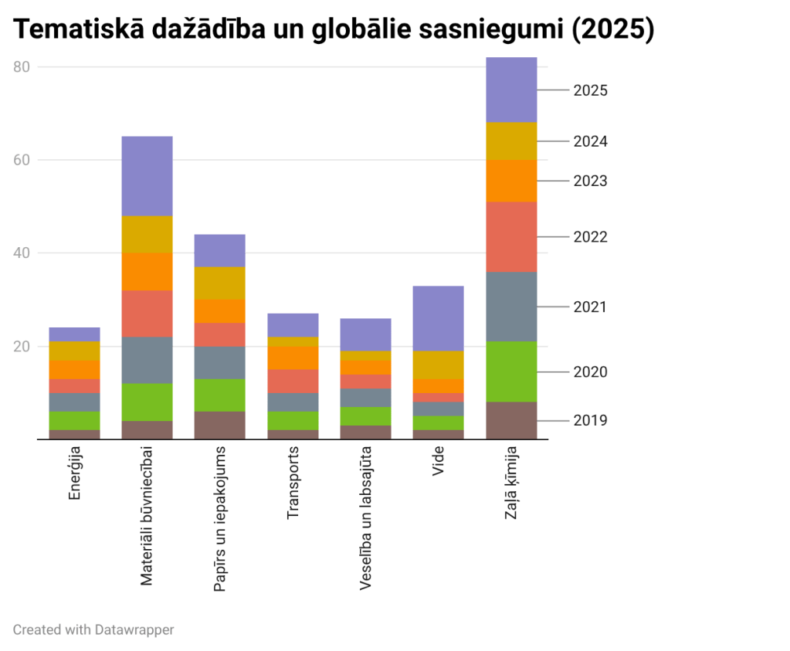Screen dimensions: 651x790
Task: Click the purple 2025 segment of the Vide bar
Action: pyautogui.click(x=438, y=318)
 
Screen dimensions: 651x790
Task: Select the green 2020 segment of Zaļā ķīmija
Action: pyautogui.click(x=510, y=371)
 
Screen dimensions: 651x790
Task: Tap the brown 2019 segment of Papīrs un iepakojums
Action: pyautogui.click(x=220, y=425)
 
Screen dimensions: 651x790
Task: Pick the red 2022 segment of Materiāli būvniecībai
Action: pyautogui.click(x=147, y=314)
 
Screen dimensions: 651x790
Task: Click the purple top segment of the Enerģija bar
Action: pyautogui.click(x=74, y=334)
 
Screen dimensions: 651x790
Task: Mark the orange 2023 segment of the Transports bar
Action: pyautogui.click(x=293, y=358)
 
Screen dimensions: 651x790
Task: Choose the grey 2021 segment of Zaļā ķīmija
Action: pyautogui.click(x=510, y=307)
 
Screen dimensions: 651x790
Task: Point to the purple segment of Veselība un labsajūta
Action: pyautogui.click(x=365, y=334)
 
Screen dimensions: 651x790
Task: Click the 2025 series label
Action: pyautogui.click(x=591, y=90)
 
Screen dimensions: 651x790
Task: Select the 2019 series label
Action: pyautogui.click(x=591, y=421)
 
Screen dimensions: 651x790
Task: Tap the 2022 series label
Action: pyautogui.click(x=591, y=237)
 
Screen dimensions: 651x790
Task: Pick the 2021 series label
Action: pyautogui.click(x=591, y=307)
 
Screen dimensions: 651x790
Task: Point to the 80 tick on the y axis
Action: pyautogui.click(x=22, y=67)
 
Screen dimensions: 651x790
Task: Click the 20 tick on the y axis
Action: pyautogui.click(x=22, y=347)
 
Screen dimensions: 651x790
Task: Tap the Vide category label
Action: pyautogui.click(x=439, y=461)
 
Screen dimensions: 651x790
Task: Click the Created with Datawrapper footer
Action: pyautogui.click(x=93, y=629)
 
